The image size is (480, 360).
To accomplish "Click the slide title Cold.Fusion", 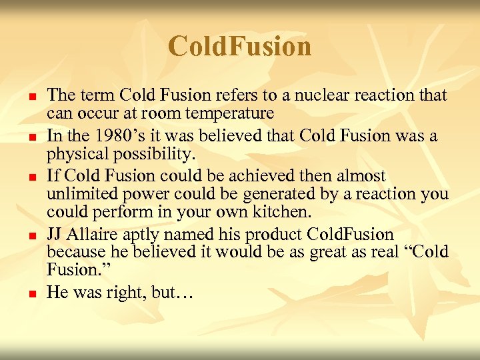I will pos(239,47).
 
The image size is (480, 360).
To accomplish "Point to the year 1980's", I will pos(120,136).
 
